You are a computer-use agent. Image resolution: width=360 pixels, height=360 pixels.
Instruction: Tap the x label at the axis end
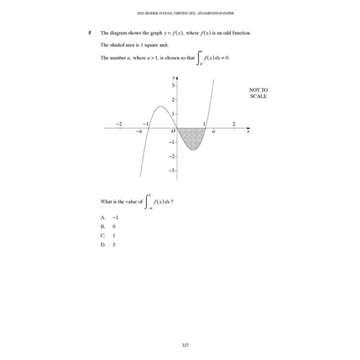[248, 132]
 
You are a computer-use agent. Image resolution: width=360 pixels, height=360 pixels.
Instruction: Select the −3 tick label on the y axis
[170, 171]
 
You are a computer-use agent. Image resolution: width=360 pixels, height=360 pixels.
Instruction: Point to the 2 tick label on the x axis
[233, 124]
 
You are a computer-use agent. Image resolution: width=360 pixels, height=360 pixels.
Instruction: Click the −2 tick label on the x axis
[120, 124]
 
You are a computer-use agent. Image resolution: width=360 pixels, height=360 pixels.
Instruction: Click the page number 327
[185, 326]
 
